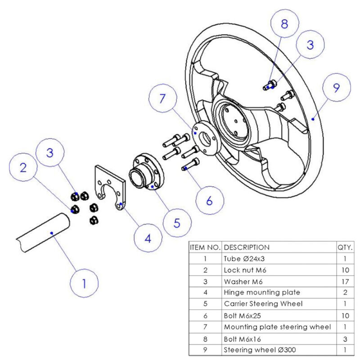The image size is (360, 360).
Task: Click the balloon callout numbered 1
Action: (x=84, y=284)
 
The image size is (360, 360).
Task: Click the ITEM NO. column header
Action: (x=205, y=247)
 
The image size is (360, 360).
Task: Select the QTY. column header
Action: (x=345, y=247)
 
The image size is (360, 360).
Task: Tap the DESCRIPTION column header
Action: (x=247, y=247)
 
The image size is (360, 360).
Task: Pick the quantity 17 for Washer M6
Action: (x=345, y=281)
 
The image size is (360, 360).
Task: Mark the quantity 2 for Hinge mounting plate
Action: (x=345, y=292)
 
